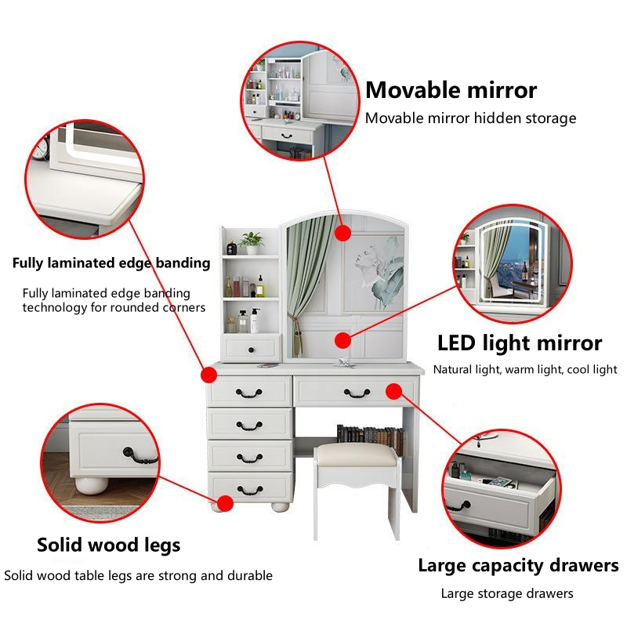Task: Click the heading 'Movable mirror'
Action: [451, 90]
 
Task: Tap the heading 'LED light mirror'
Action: [520, 343]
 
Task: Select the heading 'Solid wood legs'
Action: [108, 545]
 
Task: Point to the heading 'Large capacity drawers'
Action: [518, 566]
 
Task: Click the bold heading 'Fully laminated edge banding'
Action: [111, 263]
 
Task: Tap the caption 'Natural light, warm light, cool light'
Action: [525, 369]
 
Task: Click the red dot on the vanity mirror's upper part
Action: [342, 233]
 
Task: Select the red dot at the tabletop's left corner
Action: [208, 375]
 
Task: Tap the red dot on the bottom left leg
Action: [225, 503]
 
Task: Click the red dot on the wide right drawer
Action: [394, 391]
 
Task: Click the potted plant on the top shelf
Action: [252, 243]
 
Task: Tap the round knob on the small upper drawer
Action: [251, 350]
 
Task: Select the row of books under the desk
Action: [370, 439]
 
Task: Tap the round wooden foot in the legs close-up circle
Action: [92, 484]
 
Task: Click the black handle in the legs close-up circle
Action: [140, 456]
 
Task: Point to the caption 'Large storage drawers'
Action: [507, 594]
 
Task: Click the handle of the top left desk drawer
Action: [248, 393]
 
